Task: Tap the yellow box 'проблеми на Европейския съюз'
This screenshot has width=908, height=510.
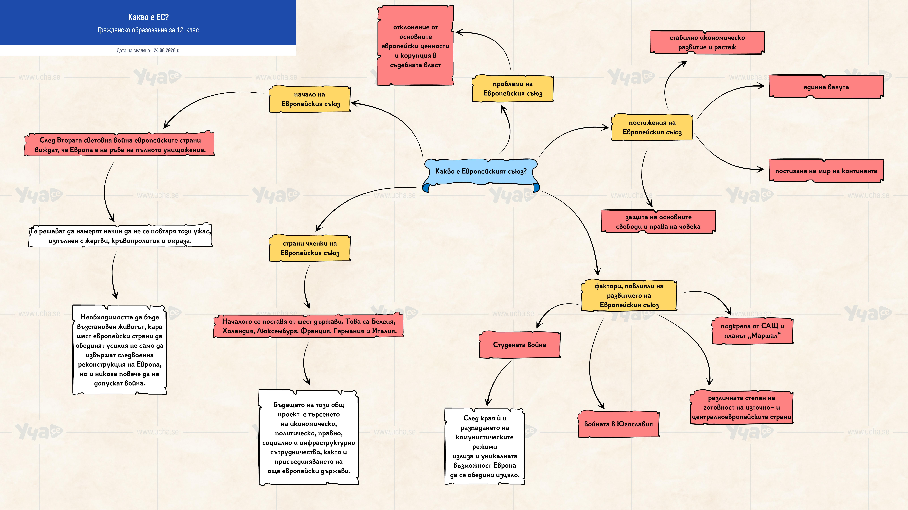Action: [513, 89]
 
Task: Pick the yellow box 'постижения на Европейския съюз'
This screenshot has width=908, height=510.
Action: [652, 127]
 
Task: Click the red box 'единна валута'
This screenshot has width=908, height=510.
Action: [826, 87]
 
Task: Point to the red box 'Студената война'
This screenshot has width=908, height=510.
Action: [520, 345]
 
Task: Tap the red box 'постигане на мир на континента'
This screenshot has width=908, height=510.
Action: [826, 171]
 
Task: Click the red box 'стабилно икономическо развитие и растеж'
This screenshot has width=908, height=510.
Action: [707, 42]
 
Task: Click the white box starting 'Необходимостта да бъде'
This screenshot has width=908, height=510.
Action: [120, 350]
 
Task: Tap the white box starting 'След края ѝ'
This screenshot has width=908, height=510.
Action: [485, 446]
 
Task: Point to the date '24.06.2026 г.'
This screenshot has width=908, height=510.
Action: [166, 50]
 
